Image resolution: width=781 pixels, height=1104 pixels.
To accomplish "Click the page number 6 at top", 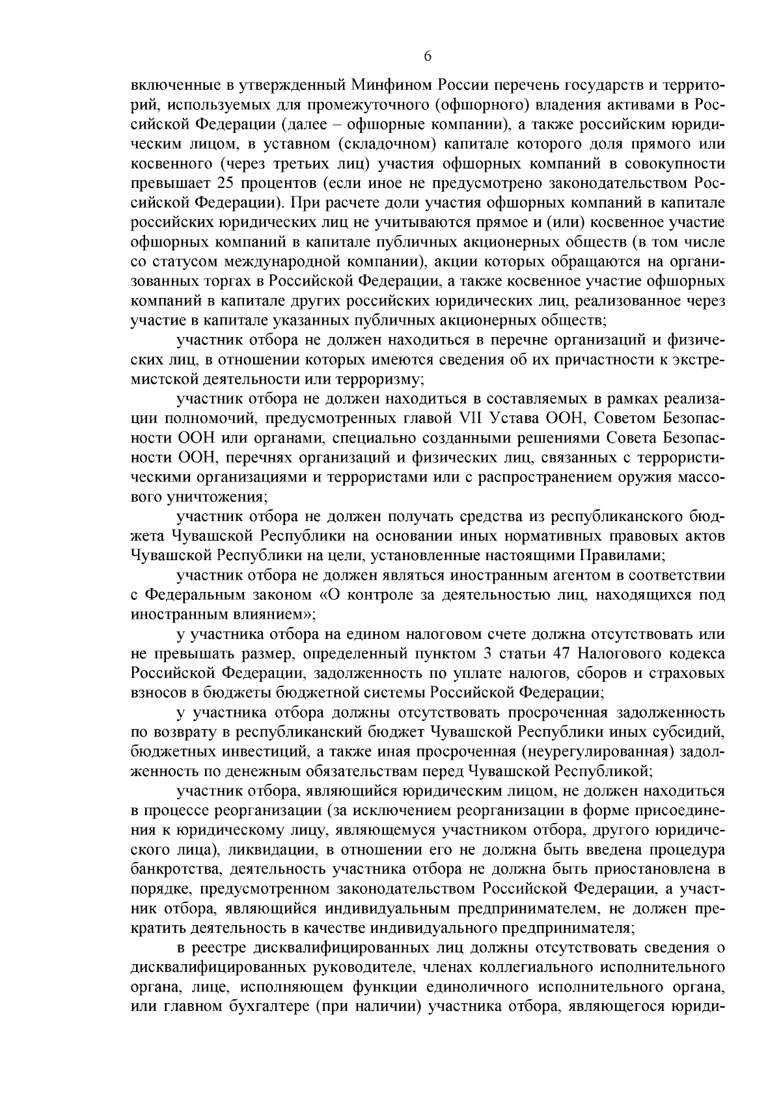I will pos(428,57).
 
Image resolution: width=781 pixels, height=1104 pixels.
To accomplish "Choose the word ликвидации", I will pos(267,850).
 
